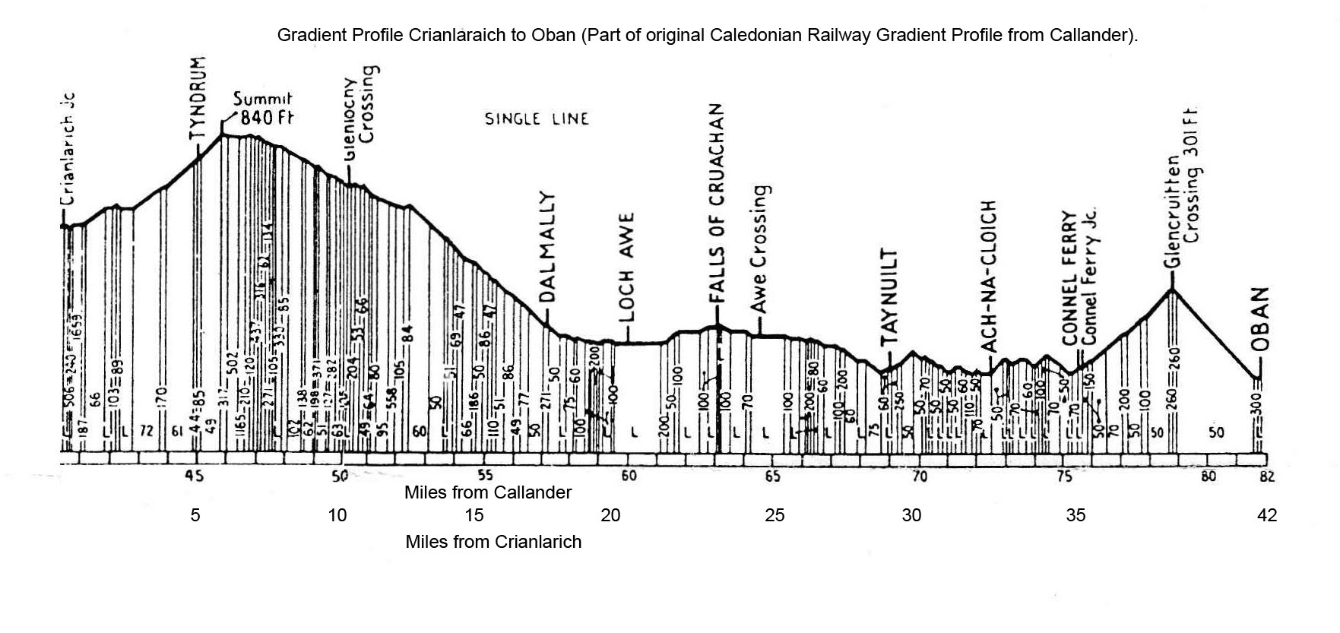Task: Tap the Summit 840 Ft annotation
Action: point(263,109)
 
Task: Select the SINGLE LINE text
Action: point(537,119)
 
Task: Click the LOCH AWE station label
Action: point(626,267)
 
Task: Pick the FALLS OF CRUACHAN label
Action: point(716,203)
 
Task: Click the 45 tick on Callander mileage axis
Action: point(195,476)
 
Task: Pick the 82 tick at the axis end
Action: point(1266,477)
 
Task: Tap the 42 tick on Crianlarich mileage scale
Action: point(1267,515)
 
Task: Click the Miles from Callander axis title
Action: point(487,492)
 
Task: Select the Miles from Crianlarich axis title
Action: point(493,542)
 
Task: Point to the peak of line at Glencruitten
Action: point(1172,289)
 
